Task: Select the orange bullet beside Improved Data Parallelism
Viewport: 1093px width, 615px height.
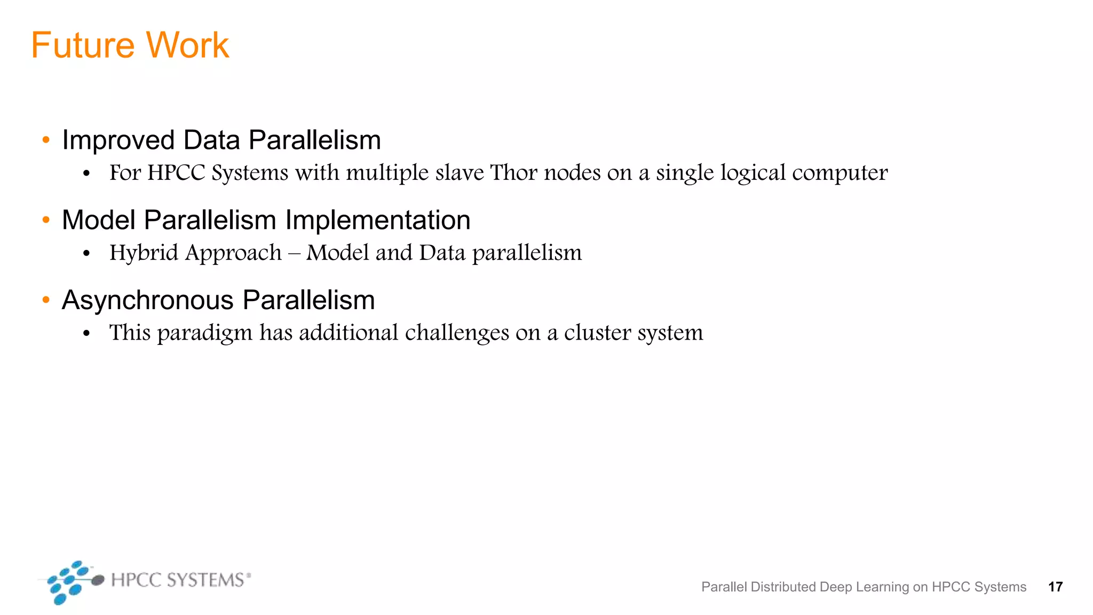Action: tap(46, 140)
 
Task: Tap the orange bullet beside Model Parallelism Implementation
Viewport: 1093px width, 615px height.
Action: tap(46, 220)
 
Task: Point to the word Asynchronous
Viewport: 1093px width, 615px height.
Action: tap(148, 301)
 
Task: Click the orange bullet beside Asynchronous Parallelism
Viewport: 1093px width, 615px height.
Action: tap(46, 300)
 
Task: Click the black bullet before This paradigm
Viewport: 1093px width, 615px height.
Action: tap(86, 334)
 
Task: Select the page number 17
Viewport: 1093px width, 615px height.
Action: tap(1055, 587)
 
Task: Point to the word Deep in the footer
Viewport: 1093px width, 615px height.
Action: tap(835, 587)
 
